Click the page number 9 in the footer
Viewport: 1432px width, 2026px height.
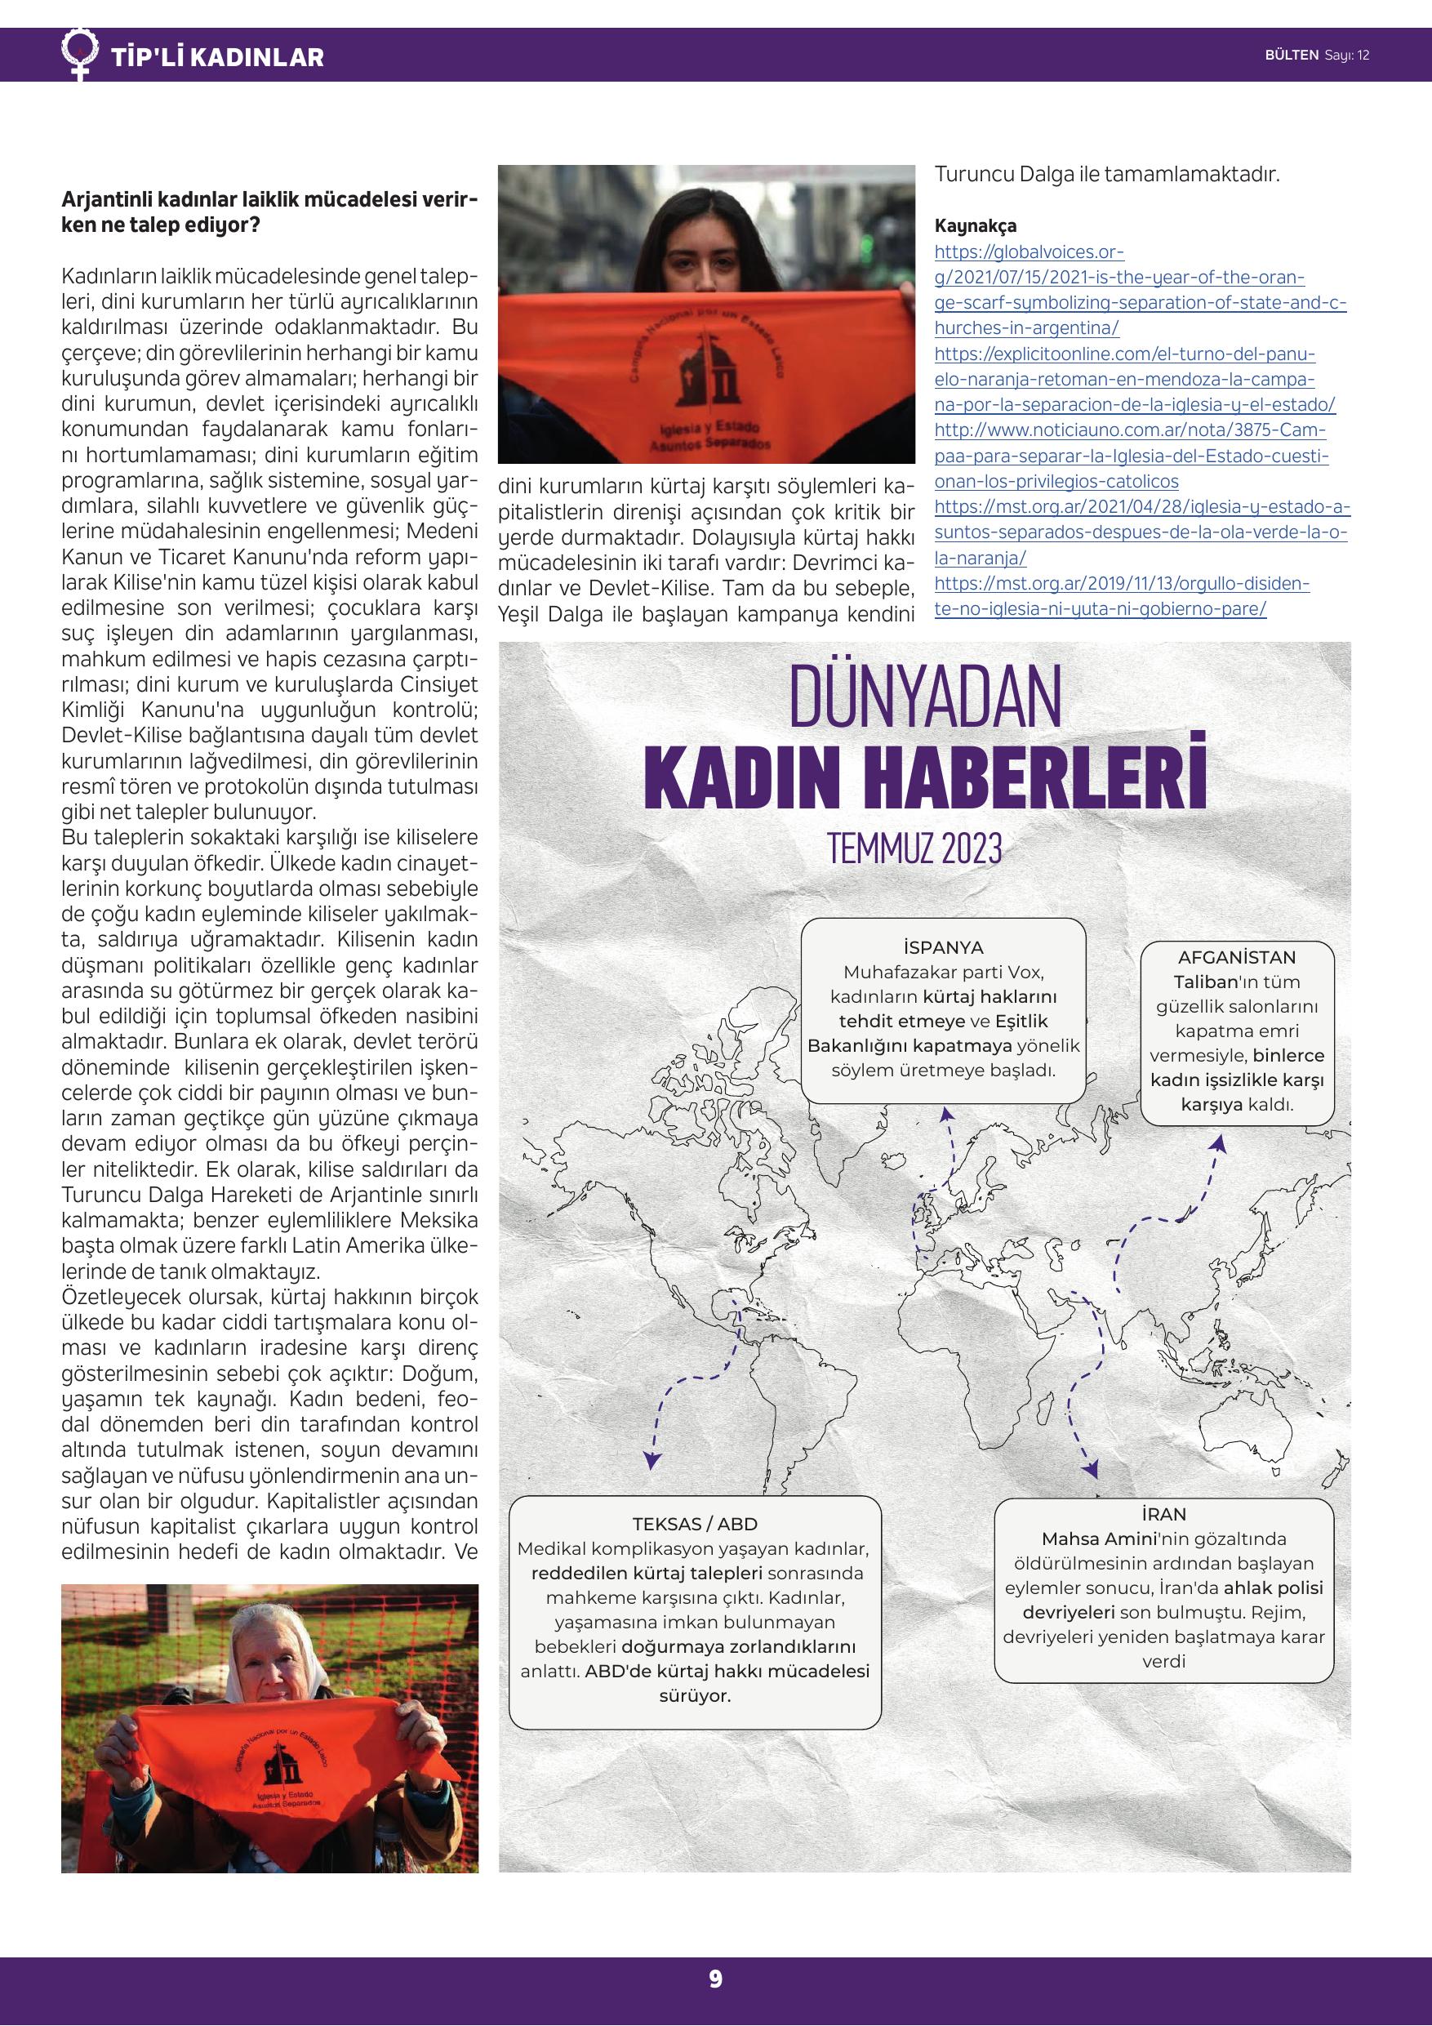coord(715,1979)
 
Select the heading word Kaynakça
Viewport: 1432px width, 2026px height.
coord(975,226)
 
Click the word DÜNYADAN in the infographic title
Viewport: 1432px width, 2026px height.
coord(925,698)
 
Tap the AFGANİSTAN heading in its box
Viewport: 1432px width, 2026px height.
coord(1236,957)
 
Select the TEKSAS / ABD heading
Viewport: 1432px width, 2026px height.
coord(695,1524)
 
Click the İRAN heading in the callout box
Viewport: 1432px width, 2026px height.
coord(1163,1514)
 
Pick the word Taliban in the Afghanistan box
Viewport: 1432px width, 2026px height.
coord(1205,982)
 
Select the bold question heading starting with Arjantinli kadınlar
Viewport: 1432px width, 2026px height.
coord(269,212)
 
